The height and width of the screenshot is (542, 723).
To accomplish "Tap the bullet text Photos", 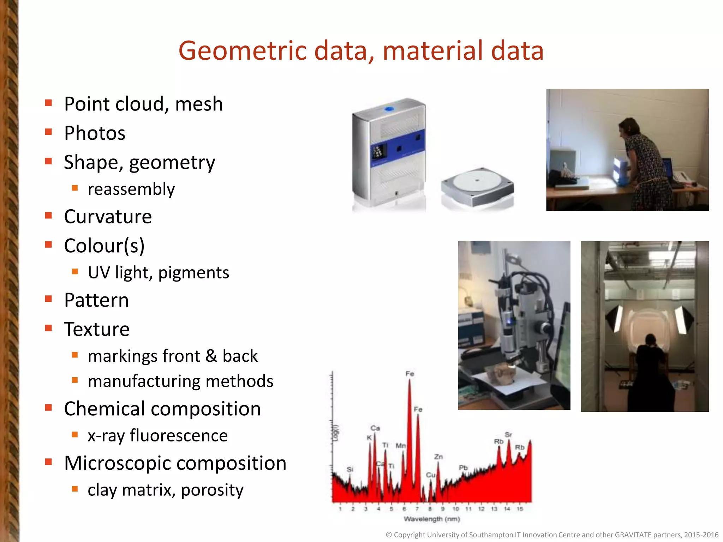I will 95,133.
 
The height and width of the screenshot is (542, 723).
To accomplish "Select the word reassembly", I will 131,189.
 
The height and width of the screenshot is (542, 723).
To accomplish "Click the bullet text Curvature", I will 108,216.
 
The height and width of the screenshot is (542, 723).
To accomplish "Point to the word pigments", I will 193,273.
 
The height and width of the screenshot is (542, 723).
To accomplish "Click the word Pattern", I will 96,300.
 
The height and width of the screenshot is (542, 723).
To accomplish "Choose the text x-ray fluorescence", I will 157,435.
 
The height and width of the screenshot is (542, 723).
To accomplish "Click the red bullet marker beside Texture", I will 49,328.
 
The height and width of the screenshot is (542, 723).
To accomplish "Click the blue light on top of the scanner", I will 389,109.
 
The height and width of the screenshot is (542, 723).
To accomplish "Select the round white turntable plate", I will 477,181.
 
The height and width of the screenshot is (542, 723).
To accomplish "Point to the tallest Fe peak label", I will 410,374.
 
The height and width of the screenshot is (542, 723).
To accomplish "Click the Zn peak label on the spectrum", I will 438,457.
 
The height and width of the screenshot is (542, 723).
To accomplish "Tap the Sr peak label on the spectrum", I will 508,434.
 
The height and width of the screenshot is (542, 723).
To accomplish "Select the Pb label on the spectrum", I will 463,468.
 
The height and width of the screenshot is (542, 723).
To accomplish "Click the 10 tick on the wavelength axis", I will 455,509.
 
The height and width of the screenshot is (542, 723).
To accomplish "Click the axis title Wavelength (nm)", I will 432,519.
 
